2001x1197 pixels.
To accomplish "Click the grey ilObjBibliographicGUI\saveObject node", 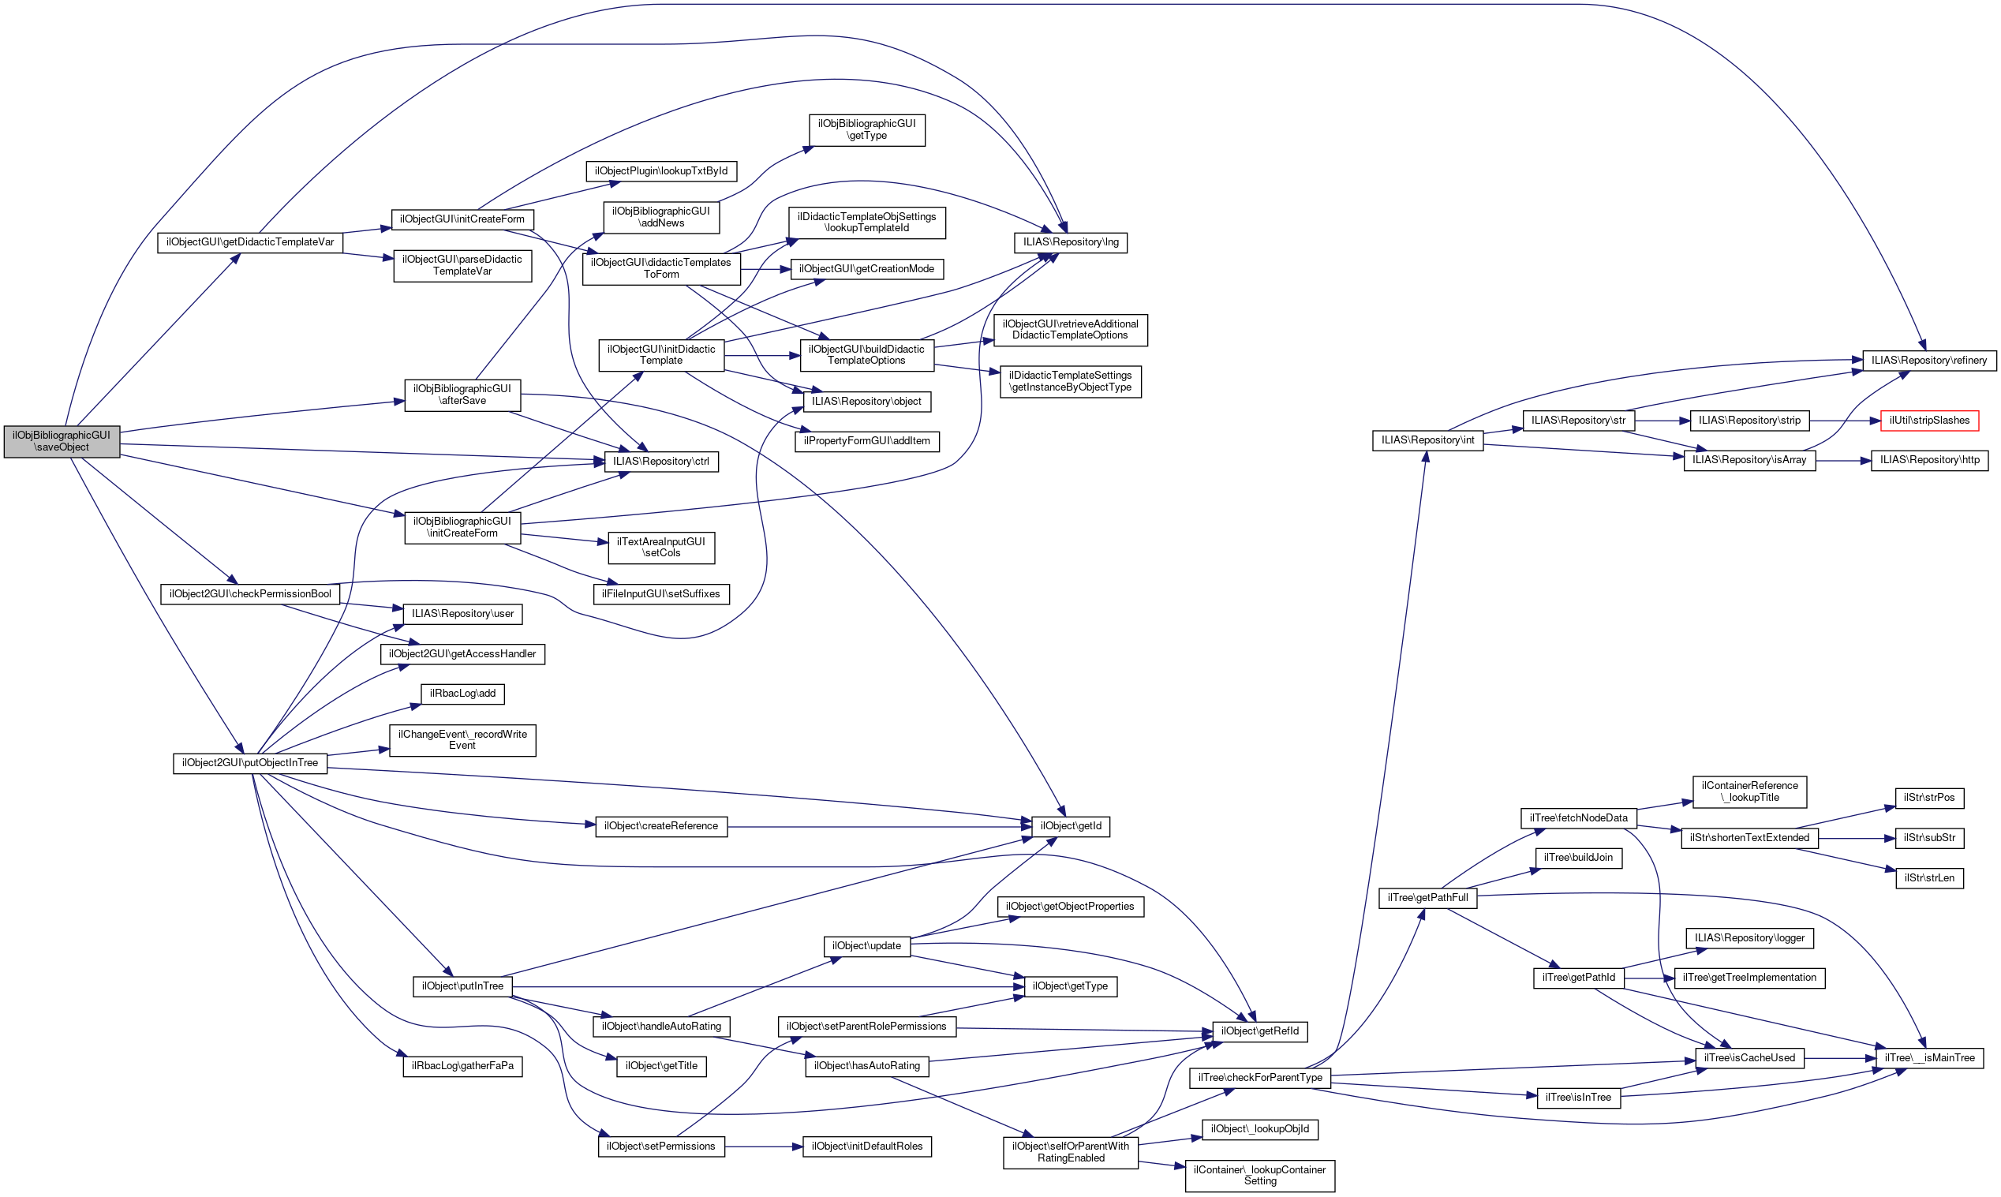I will pos(62,441).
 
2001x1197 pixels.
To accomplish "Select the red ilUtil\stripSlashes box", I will pos(1928,421).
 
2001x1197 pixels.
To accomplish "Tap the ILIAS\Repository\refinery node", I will pos(1928,360).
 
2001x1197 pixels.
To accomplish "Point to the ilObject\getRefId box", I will pos(1259,1031).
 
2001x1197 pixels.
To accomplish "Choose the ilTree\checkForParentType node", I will pos(1260,1078).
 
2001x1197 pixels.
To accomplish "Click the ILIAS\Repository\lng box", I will pos(1070,242).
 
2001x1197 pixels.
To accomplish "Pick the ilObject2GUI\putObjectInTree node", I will pos(249,762).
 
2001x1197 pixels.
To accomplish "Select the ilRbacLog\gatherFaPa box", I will pos(462,1065).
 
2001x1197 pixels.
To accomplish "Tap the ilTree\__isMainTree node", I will pos(1929,1057).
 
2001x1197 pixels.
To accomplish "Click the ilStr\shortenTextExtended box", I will pos(1749,837).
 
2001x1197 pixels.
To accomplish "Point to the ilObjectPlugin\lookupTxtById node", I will pos(660,171).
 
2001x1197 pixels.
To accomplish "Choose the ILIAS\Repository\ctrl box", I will pos(660,462).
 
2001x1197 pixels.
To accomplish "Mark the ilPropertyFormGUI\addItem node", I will pos(866,441).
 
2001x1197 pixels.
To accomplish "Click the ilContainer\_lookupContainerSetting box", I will pos(1259,1175).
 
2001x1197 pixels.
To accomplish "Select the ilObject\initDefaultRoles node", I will pos(866,1147).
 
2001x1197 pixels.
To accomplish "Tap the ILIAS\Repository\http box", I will pos(1928,460).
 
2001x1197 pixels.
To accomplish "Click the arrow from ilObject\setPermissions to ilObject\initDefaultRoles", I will pos(763,1147).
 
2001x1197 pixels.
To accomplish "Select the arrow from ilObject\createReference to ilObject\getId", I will pos(879,827).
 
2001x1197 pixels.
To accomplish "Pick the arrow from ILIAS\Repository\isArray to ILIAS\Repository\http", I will pos(1843,461).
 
